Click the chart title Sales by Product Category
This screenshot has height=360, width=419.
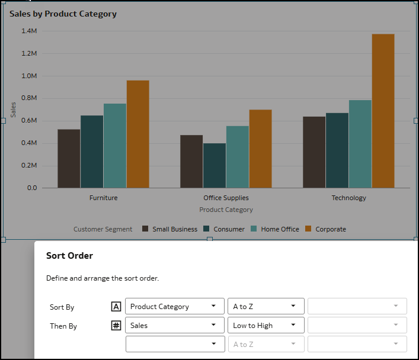(63, 14)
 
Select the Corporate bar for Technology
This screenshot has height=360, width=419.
(383, 111)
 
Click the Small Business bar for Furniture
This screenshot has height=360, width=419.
(69, 158)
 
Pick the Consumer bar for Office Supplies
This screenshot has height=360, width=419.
(214, 165)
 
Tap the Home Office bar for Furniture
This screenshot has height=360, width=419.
(115, 146)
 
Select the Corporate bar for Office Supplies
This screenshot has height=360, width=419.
(260, 149)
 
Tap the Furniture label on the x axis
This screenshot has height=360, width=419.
(103, 198)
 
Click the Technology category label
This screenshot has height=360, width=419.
(348, 198)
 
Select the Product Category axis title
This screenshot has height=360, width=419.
(226, 210)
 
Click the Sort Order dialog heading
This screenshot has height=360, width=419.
(69, 256)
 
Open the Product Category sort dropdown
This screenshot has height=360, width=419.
(174, 306)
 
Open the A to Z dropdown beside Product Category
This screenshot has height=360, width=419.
(266, 306)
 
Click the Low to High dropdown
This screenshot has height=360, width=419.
(266, 325)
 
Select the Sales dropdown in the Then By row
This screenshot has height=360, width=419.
(174, 325)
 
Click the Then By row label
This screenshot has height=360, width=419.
(63, 326)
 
